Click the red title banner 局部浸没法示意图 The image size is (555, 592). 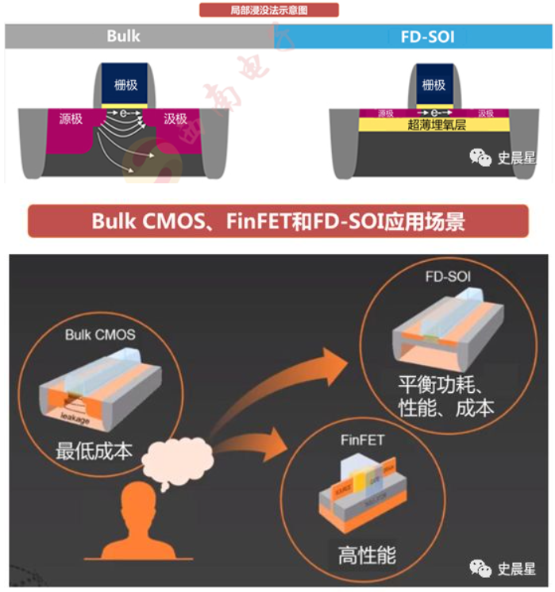[268, 10]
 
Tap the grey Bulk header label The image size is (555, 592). [123, 37]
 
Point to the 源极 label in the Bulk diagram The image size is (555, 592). [71, 119]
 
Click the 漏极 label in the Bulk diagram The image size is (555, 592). [175, 119]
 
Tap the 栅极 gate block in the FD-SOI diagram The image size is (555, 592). [434, 85]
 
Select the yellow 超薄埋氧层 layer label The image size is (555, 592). [433, 125]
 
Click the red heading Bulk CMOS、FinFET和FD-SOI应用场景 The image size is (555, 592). [278, 221]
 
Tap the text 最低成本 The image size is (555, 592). [94, 452]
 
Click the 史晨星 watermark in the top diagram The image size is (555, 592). [503, 157]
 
